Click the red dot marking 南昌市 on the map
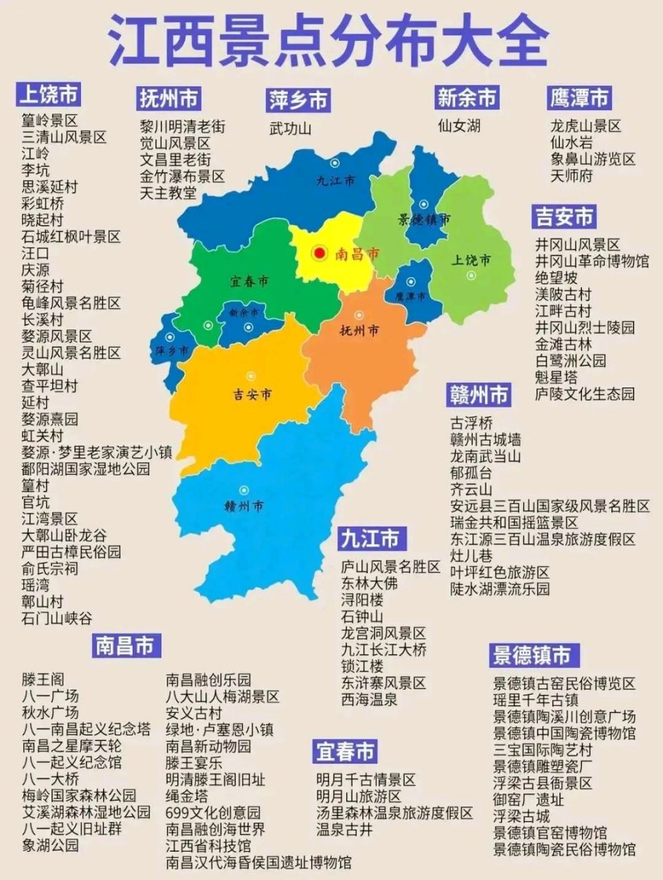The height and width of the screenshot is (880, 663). [x=319, y=254]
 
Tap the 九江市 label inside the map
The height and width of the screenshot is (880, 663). [x=336, y=181]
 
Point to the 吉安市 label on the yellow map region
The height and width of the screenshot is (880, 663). [x=251, y=395]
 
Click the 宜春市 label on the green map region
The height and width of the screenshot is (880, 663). [x=249, y=281]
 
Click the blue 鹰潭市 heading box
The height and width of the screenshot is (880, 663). [x=579, y=98]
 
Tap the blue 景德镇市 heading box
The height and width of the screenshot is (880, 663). [x=532, y=655]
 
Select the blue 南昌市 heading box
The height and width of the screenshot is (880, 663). [x=126, y=646]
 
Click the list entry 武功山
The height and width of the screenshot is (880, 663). [x=290, y=129]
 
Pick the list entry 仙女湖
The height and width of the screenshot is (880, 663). [x=459, y=126]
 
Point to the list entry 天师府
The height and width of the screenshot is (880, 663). [x=571, y=175]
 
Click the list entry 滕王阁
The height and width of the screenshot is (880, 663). [x=43, y=679]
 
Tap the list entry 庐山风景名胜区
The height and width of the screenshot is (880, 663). [x=390, y=567]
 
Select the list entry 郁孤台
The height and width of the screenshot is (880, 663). [x=471, y=473]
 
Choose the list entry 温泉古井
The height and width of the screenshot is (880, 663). [x=345, y=830]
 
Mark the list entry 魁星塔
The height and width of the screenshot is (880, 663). [x=557, y=377]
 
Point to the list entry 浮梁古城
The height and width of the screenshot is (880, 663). [x=521, y=816]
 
